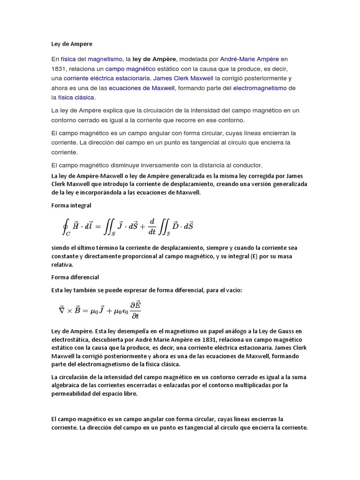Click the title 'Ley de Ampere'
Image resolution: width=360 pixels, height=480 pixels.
tap(72, 44)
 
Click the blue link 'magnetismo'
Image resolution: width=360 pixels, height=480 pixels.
tap(105, 60)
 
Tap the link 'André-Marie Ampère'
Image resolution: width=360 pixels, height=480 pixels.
tap(249, 60)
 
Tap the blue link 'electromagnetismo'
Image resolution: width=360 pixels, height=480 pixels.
tap(260, 88)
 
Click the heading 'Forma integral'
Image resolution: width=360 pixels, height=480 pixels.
tap(71, 205)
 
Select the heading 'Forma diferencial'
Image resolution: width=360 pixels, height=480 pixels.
tap(75, 277)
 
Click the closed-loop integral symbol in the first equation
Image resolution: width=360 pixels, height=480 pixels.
tap(66, 226)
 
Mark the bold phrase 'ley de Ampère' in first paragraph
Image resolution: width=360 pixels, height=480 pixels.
tap(154, 60)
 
